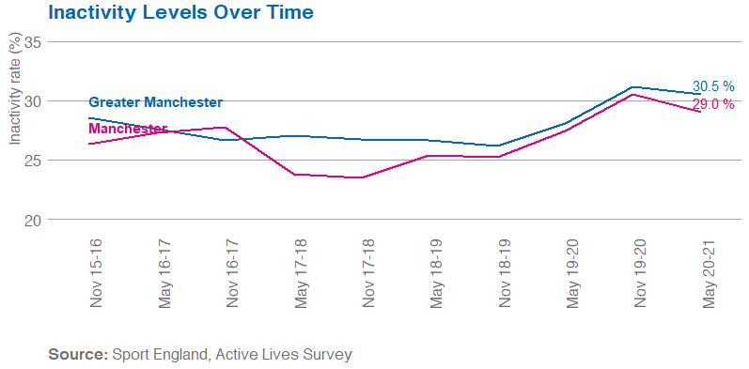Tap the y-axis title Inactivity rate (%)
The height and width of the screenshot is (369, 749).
14,88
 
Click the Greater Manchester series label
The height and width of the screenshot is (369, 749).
155,102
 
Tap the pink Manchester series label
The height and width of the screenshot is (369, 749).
127,129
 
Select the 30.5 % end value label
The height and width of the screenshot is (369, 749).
713,85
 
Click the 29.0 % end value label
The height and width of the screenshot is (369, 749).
713,104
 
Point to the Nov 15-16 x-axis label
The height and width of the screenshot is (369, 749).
98,273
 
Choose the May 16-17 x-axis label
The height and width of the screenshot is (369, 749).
165,273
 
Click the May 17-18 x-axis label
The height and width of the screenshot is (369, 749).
300,273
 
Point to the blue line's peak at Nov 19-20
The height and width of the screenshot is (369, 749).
634,87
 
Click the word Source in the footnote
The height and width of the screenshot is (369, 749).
77,355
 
